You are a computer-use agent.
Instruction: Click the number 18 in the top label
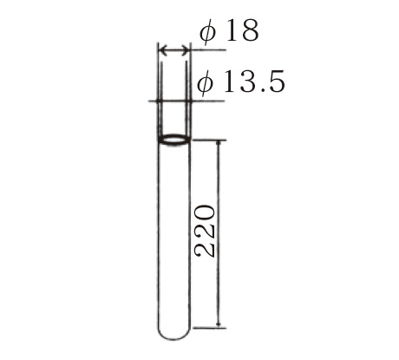pos(242,30)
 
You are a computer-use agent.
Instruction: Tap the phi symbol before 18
pos(208,32)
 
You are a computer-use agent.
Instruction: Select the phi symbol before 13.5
pos(206,83)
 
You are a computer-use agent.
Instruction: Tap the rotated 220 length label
pos(205,231)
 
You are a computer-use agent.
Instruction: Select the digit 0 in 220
pos(205,213)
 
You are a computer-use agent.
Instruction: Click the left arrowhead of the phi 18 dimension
pos(163,50)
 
